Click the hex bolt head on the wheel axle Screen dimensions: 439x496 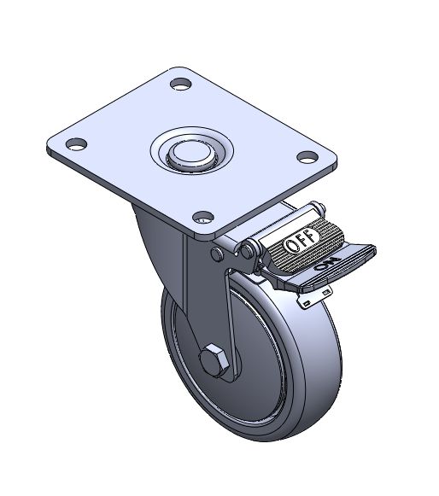tap(214, 360)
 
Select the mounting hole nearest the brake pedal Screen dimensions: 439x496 tap(307, 157)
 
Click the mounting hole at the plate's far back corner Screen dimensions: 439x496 tap(181, 85)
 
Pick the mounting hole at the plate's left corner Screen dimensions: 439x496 tap(76, 144)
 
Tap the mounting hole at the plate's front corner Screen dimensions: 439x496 tap(203, 217)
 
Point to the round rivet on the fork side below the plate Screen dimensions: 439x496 tap(217, 254)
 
